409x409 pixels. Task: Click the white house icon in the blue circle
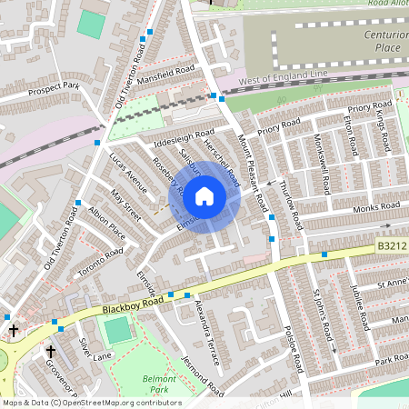point(204,195)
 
